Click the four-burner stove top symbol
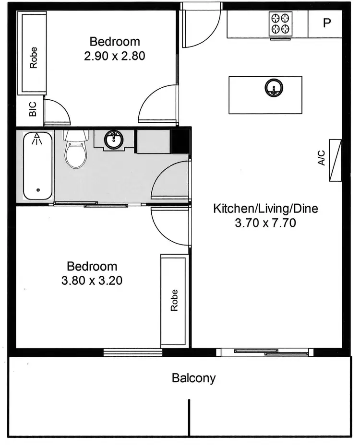click(281, 24)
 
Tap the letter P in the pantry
click(327, 23)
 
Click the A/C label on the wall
click(322, 158)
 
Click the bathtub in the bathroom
click(38, 166)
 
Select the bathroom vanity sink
click(114, 140)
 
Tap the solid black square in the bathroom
click(181, 140)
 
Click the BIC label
click(33, 112)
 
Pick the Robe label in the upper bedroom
click(33, 57)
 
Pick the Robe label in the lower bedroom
click(174, 300)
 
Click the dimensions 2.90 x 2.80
click(115, 56)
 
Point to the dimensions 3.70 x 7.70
click(265, 222)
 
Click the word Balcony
click(194, 378)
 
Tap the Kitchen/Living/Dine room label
click(265, 209)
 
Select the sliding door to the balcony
click(265, 352)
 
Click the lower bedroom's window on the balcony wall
click(133, 353)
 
